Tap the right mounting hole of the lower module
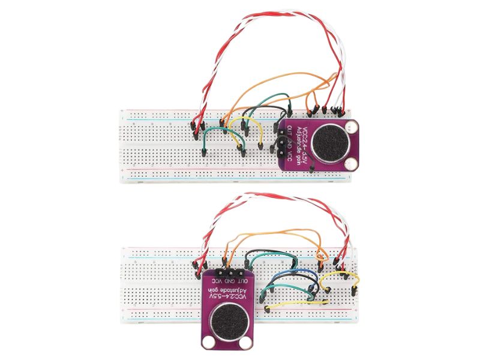tap(246, 343)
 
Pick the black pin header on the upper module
tap(281, 146)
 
